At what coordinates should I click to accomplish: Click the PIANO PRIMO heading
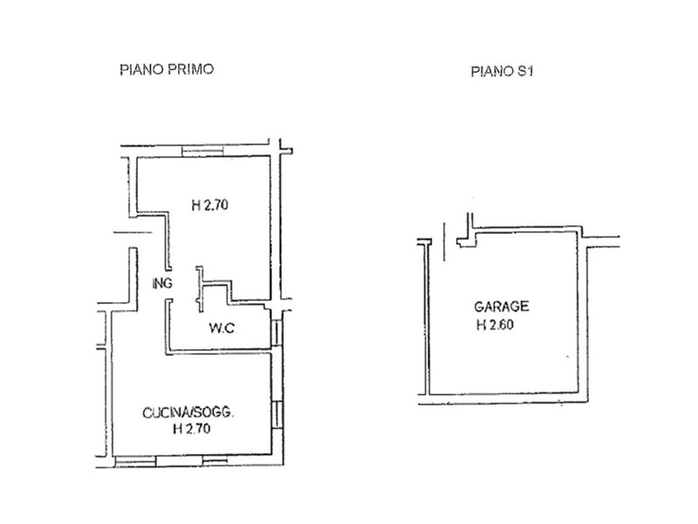[x=167, y=70]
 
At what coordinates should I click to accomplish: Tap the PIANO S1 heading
[x=502, y=72]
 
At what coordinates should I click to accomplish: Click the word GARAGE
[x=501, y=307]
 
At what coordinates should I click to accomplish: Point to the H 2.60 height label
[x=495, y=325]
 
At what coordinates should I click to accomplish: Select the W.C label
[x=222, y=328]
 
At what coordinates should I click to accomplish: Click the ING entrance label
[x=162, y=283]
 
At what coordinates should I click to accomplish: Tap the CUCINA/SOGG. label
[x=188, y=413]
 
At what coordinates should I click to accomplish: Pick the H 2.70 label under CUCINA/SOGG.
[x=191, y=429]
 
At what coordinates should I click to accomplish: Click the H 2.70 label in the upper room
[x=209, y=205]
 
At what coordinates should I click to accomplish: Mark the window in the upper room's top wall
[x=202, y=151]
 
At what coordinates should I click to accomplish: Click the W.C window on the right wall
[x=277, y=333]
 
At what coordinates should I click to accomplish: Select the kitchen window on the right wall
[x=277, y=414]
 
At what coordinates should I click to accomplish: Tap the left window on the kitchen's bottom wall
[x=135, y=461]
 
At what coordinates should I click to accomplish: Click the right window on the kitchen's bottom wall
[x=216, y=461]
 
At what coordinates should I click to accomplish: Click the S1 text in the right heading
[x=524, y=72]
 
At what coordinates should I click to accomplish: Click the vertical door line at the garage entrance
[x=444, y=242]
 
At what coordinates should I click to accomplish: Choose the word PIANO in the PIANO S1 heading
[x=491, y=72]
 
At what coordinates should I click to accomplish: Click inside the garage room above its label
[x=503, y=267]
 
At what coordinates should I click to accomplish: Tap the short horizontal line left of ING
[x=133, y=232]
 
